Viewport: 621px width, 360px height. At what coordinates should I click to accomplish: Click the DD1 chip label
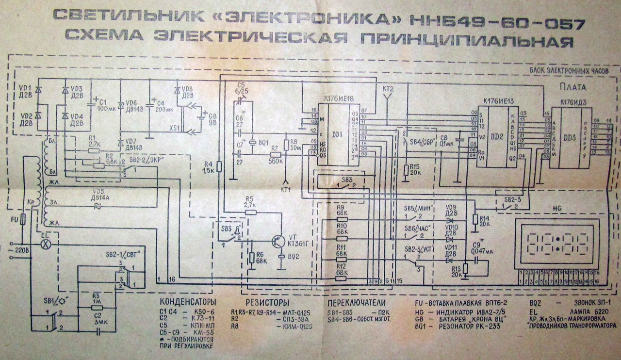pos(338,133)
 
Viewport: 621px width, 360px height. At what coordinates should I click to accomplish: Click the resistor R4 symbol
pos(219,167)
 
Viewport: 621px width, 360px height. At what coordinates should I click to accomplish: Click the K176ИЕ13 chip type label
pos(499,102)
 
